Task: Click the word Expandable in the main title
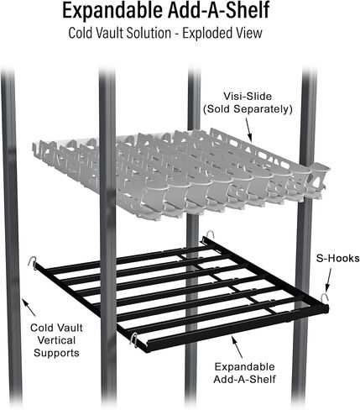coord(112,11)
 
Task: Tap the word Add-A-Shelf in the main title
coord(218,10)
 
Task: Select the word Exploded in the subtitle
coord(205,33)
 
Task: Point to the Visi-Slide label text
coord(248,97)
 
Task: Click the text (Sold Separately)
coord(248,109)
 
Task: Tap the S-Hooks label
coord(337,258)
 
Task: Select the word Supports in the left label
coord(56,353)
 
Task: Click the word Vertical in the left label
coord(56,340)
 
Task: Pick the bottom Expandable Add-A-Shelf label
coord(244,373)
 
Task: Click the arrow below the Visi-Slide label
coord(248,129)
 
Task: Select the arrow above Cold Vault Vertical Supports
coord(29,307)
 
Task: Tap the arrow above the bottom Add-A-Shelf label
coord(236,346)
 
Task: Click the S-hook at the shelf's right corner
coord(325,298)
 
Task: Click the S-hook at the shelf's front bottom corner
coord(133,338)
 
